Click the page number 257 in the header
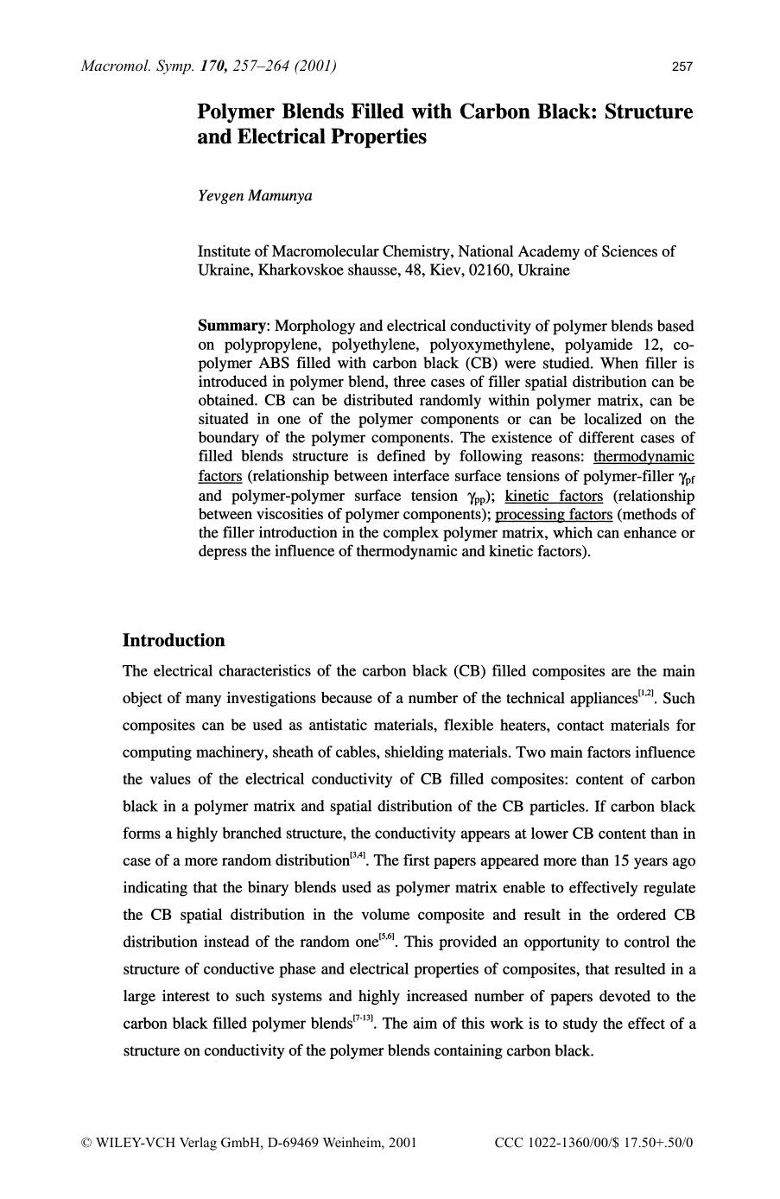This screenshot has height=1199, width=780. click(x=682, y=67)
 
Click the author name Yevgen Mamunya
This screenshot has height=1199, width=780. click(x=255, y=195)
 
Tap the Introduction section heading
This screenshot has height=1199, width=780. click(x=174, y=640)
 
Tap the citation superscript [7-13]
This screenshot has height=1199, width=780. click(x=363, y=1019)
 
